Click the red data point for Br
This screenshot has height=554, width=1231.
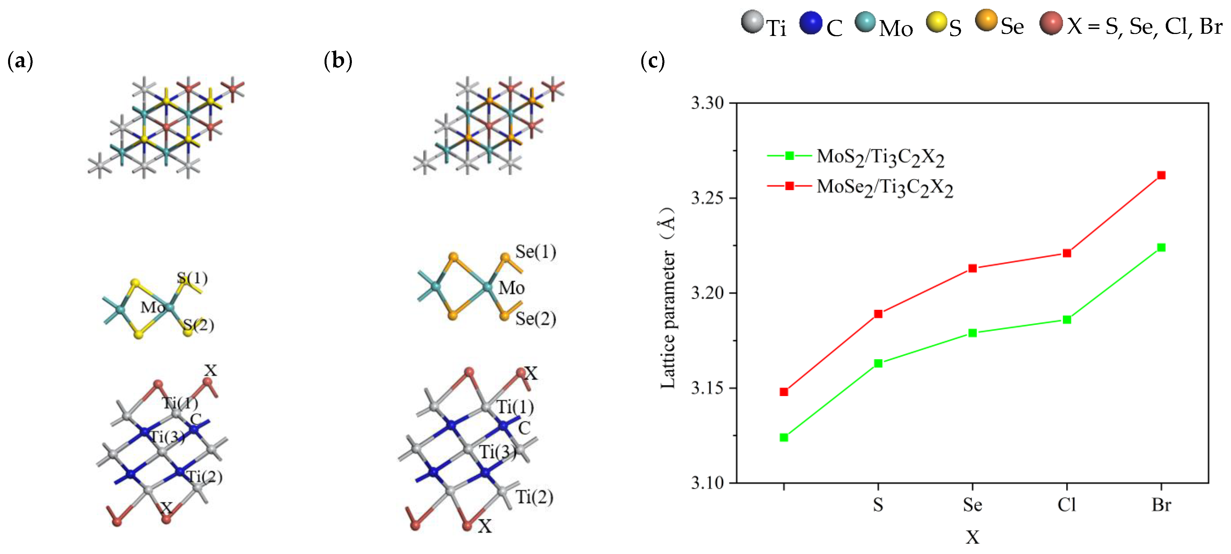(x=1161, y=175)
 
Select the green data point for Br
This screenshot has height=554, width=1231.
(x=1161, y=247)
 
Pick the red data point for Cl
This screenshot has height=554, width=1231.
(x=1066, y=253)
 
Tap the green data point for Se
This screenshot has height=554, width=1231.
(x=973, y=333)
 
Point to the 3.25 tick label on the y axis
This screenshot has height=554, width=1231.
(x=707, y=198)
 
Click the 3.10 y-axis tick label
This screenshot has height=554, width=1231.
(x=707, y=483)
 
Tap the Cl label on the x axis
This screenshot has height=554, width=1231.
(x=1066, y=505)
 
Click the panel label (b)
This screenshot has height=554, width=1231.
(x=338, y=61)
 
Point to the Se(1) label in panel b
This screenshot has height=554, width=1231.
(x=535, y=252)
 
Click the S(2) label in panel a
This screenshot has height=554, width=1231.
(x=198, y=325)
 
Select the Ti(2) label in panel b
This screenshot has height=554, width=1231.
(x=534, y=497)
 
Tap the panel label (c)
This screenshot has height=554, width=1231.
(x=652, y=61)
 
